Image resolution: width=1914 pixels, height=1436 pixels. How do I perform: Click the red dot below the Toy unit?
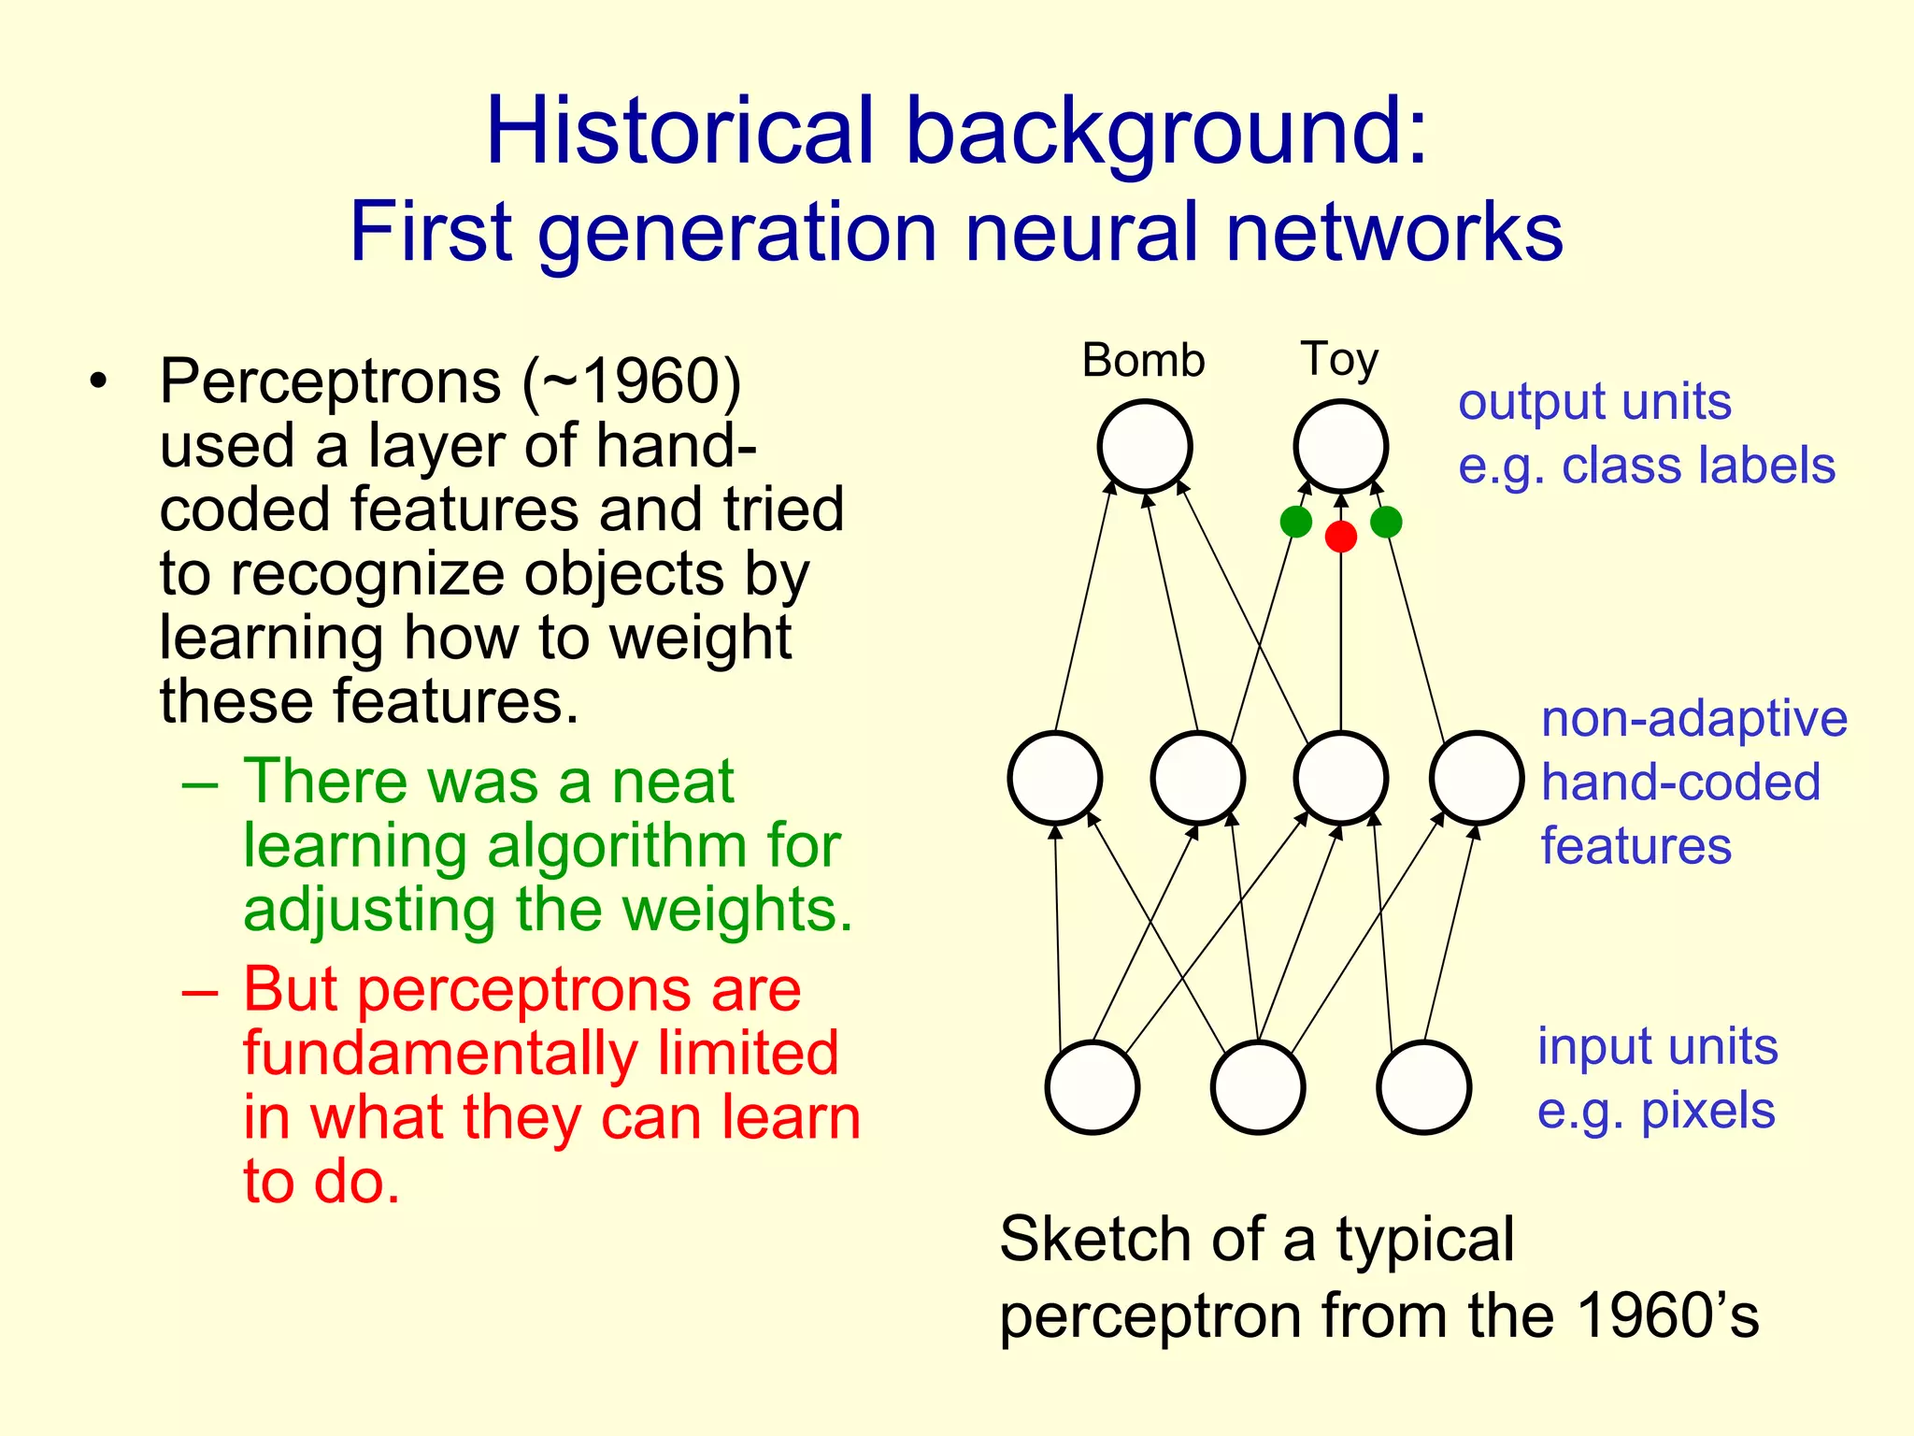(1340, 537)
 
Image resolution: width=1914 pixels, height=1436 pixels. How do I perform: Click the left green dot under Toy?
(1295, 522)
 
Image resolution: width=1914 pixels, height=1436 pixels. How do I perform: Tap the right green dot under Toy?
(1386, 522)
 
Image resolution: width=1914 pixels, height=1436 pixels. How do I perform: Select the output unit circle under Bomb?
(1144, 446)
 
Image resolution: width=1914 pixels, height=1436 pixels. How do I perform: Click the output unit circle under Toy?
(1340, 446)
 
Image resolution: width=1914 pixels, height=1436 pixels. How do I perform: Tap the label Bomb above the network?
(1143, 361)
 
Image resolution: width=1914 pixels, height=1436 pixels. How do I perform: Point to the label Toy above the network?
(1338, 360)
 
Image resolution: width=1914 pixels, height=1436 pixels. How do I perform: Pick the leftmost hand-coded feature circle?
(1055, 778)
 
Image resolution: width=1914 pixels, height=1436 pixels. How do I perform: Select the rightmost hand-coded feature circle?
(1477, 778)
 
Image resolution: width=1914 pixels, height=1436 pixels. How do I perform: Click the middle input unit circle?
(1258, 1087)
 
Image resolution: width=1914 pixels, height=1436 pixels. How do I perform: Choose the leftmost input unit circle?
(1093, 1087)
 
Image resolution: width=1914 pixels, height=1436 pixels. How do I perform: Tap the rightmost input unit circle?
(1424, 1087)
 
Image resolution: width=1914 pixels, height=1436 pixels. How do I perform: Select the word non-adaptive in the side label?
(1693, 720)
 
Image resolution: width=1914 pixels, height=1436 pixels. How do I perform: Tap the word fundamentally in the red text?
(439, 1054)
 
